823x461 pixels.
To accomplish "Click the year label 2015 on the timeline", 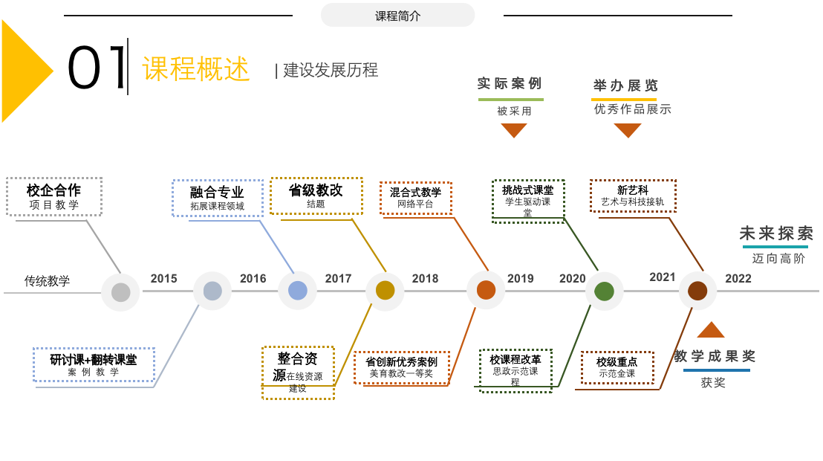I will (x=163, y=279).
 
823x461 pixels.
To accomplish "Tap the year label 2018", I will (x=425, y=279).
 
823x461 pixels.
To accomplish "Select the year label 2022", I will (x=738, y=279).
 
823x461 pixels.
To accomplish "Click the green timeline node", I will (x=604, y=291).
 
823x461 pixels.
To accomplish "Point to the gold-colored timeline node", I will (x=385, y=291).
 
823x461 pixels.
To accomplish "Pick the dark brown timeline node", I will (x=697, y=291).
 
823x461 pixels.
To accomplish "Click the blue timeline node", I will (x=298, y=291).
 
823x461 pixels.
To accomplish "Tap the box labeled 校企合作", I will (x=54, y=196).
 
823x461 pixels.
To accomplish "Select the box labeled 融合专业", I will (x=217, y=198).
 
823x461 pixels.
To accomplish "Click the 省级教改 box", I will (x=316, y=196).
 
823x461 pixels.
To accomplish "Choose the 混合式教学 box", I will (x=415, y=197).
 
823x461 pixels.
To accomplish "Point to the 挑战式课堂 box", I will (x=528, y=200).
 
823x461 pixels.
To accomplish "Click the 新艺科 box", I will (x=632, y=196).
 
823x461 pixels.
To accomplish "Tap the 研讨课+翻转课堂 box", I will (x=94, y=364).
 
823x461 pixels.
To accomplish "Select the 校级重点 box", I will (x=617, y=367).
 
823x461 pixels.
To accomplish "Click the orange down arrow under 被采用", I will (x=513, y=130).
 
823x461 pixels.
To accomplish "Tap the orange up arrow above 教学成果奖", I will (x=711, y=329).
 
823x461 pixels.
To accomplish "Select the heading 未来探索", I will (x=776, y=233).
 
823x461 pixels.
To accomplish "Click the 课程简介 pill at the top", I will (x=397, y=15).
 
